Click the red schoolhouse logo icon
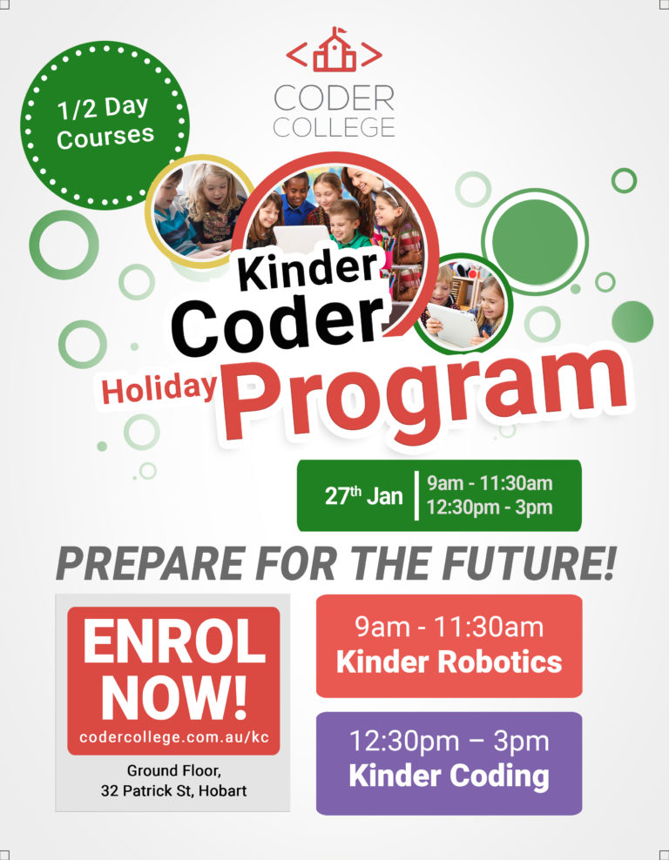click(x=334, y=50)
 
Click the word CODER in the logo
click(x=334, y=98)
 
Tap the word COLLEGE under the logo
click(x=334, y=127)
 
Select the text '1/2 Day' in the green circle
click(x=103, y=107)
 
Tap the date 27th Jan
click(x=363, y=495)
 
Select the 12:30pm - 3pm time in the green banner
click(x=490, y=507)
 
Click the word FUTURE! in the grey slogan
click(x=529, y=563)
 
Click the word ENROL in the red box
click(x=174, y=642)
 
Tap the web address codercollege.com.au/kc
click(x=174, y=736)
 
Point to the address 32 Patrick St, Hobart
click(x=174, y=790)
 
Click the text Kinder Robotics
click(x=449, y=662)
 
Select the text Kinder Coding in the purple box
click(x=449, y=776)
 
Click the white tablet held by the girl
click(x=453, y=325)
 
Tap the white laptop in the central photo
click(x=301, y=239)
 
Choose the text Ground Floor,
click(x=174, y=770)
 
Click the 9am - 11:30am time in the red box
click(x=449, y=627)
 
